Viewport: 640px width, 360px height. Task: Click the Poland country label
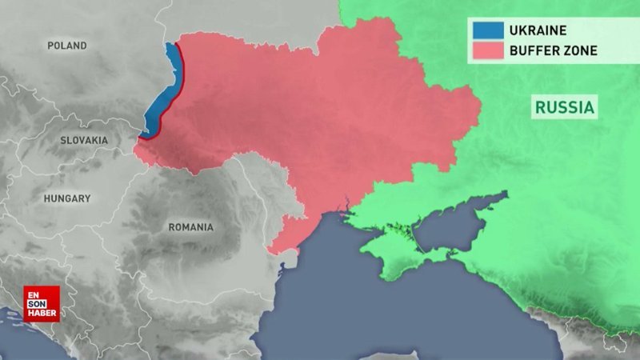(x=67, y=46)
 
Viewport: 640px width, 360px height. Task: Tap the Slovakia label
(x=84, y=140)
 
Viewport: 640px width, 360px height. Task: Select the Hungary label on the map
(x=67, y=198)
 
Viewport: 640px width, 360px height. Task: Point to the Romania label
(x=190, y=227)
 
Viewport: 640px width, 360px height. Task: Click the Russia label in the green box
(x=565, y=107)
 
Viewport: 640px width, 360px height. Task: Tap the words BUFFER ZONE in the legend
(x=553, y=51)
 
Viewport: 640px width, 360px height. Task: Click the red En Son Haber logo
(x=41, y=303)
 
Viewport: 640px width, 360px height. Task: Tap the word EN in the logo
(x=34, y=294)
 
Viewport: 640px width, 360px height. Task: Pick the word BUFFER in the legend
(x=534, y=51)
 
